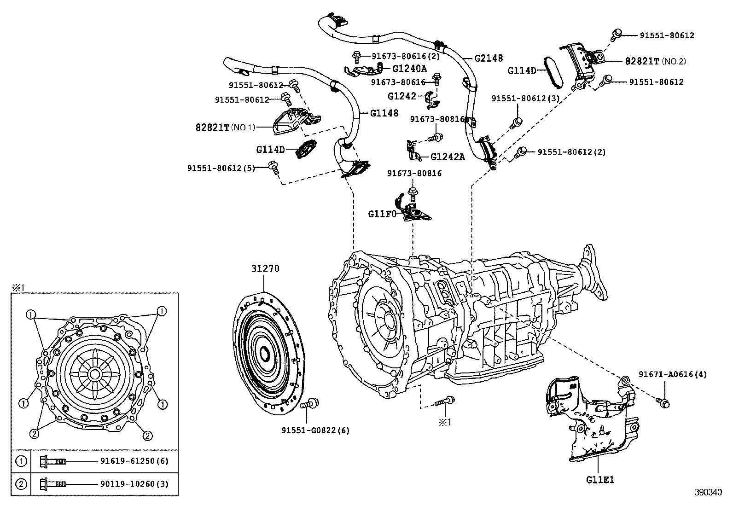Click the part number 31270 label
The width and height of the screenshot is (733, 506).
coord(265,269)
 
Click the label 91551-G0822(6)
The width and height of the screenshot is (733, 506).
coord(315,430)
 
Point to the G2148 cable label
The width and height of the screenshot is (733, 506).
coord(489,58)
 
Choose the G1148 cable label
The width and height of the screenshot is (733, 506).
coord(384,113)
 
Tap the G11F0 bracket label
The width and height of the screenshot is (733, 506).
coord(382,214)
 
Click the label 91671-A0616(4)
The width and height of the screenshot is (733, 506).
coord(672,374)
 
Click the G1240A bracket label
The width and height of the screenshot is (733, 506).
coord(409,69)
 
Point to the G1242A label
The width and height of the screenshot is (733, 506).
coord(447,157)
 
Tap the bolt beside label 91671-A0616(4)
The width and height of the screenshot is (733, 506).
coord(663,403)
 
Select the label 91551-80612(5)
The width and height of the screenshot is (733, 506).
coord(221,168)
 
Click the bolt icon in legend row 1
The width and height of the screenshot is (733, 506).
coord(53,461)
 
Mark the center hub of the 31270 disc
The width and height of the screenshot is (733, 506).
coord(265,354)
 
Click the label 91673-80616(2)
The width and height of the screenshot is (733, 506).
coord(405,56)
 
